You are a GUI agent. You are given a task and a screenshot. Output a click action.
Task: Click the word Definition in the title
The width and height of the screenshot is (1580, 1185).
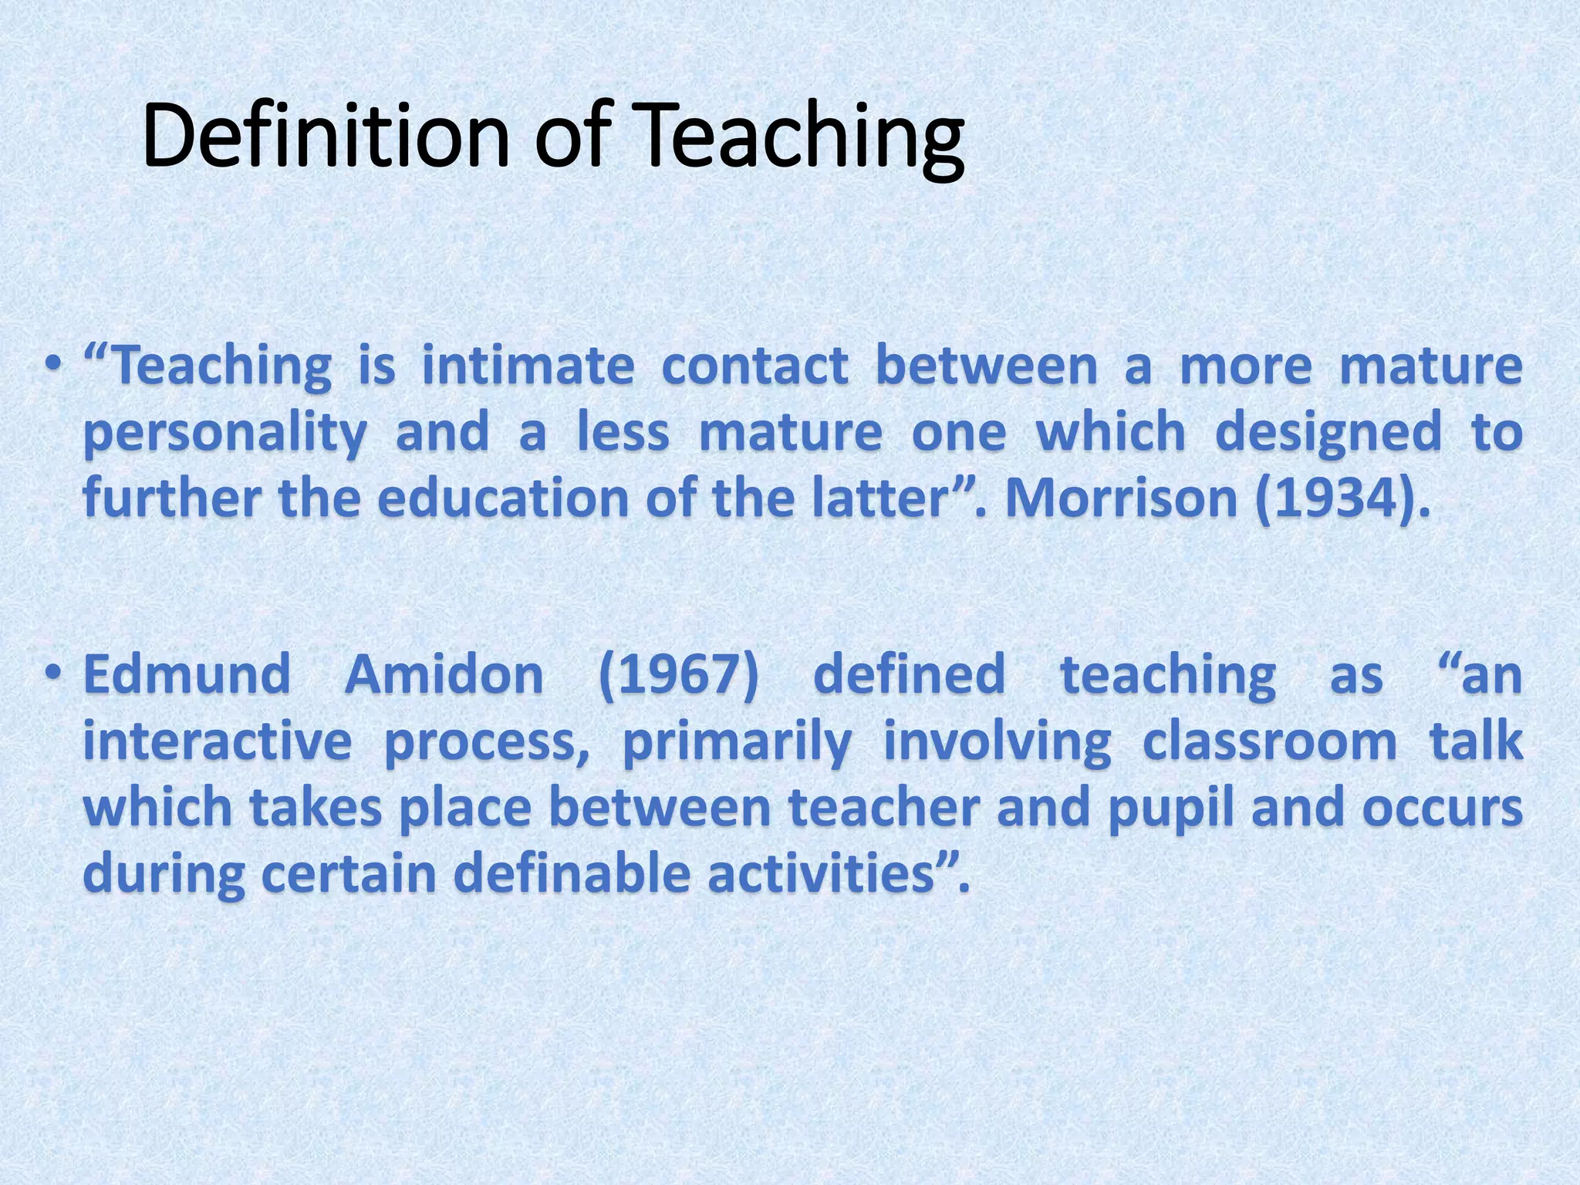point(325,137)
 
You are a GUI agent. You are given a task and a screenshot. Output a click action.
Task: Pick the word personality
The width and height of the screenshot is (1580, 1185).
point(225,433)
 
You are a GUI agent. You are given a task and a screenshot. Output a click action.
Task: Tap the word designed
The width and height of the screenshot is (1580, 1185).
point(1328,433)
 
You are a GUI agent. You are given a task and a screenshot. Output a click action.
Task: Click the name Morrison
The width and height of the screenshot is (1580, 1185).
point(1122,498)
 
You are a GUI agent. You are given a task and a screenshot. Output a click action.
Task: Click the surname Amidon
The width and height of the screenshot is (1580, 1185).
point(444,674)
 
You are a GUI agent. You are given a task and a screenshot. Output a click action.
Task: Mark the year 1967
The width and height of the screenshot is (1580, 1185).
point(679,674)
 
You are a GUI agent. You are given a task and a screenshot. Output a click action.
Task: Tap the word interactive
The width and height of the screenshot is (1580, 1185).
point(218,741)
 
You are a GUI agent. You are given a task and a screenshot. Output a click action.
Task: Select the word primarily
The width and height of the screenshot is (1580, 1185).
point(737,741)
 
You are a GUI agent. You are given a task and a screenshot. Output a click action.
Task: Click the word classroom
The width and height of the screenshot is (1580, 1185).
point(1269,741)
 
